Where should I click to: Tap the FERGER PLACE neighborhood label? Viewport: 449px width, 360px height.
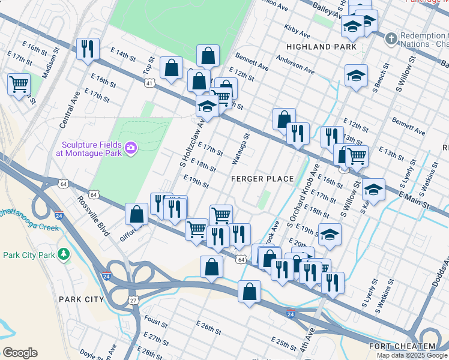263,179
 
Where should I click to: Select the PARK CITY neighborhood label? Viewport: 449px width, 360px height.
82,299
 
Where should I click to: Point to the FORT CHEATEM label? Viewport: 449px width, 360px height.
402,346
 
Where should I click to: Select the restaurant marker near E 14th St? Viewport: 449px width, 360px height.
88,49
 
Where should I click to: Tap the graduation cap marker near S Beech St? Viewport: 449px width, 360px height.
356,76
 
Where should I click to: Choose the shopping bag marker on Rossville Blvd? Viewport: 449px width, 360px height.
137,214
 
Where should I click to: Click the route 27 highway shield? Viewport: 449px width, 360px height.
133,299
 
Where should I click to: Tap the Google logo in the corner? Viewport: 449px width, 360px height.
20,352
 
